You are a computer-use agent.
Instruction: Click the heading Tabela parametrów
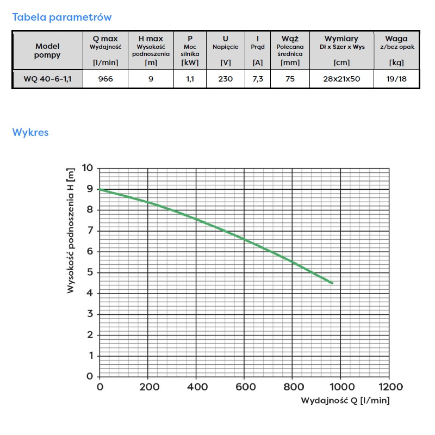[x=62, y=17]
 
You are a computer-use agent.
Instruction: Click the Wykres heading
[x=30, y=133]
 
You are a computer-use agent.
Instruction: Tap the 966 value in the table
[x=105, y=79]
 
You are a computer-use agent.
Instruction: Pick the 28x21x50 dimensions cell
[x=341, y=79]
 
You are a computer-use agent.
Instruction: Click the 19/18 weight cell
[x=396, y=79]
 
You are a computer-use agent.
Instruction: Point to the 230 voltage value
[x=225, y=79]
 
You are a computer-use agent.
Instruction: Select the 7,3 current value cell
[x=258, y=79]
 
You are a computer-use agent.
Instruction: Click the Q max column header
[x=105, y=39]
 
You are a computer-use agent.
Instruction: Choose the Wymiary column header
[x=341, y=39]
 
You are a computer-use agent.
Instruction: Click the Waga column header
[x=396, y=39]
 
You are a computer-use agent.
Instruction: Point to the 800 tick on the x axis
[x=293, y=387]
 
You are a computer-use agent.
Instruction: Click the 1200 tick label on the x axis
[x=389, y=387]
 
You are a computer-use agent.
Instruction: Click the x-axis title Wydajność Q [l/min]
[x=345, y=401]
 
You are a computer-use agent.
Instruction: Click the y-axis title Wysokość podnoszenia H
[x=71, y=231]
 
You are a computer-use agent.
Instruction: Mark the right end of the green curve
[x=332, y=283]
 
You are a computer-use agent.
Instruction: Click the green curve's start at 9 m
[x=100, y=189]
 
